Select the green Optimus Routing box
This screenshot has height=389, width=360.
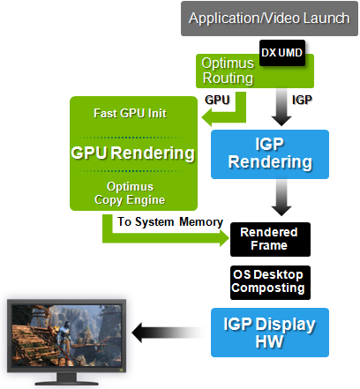[226, 71]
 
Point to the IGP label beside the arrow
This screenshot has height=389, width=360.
[301, 101]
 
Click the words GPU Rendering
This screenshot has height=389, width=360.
[133, 153]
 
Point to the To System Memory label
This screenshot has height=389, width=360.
[169, 222]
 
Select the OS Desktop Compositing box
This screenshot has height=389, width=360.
[268, 281]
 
